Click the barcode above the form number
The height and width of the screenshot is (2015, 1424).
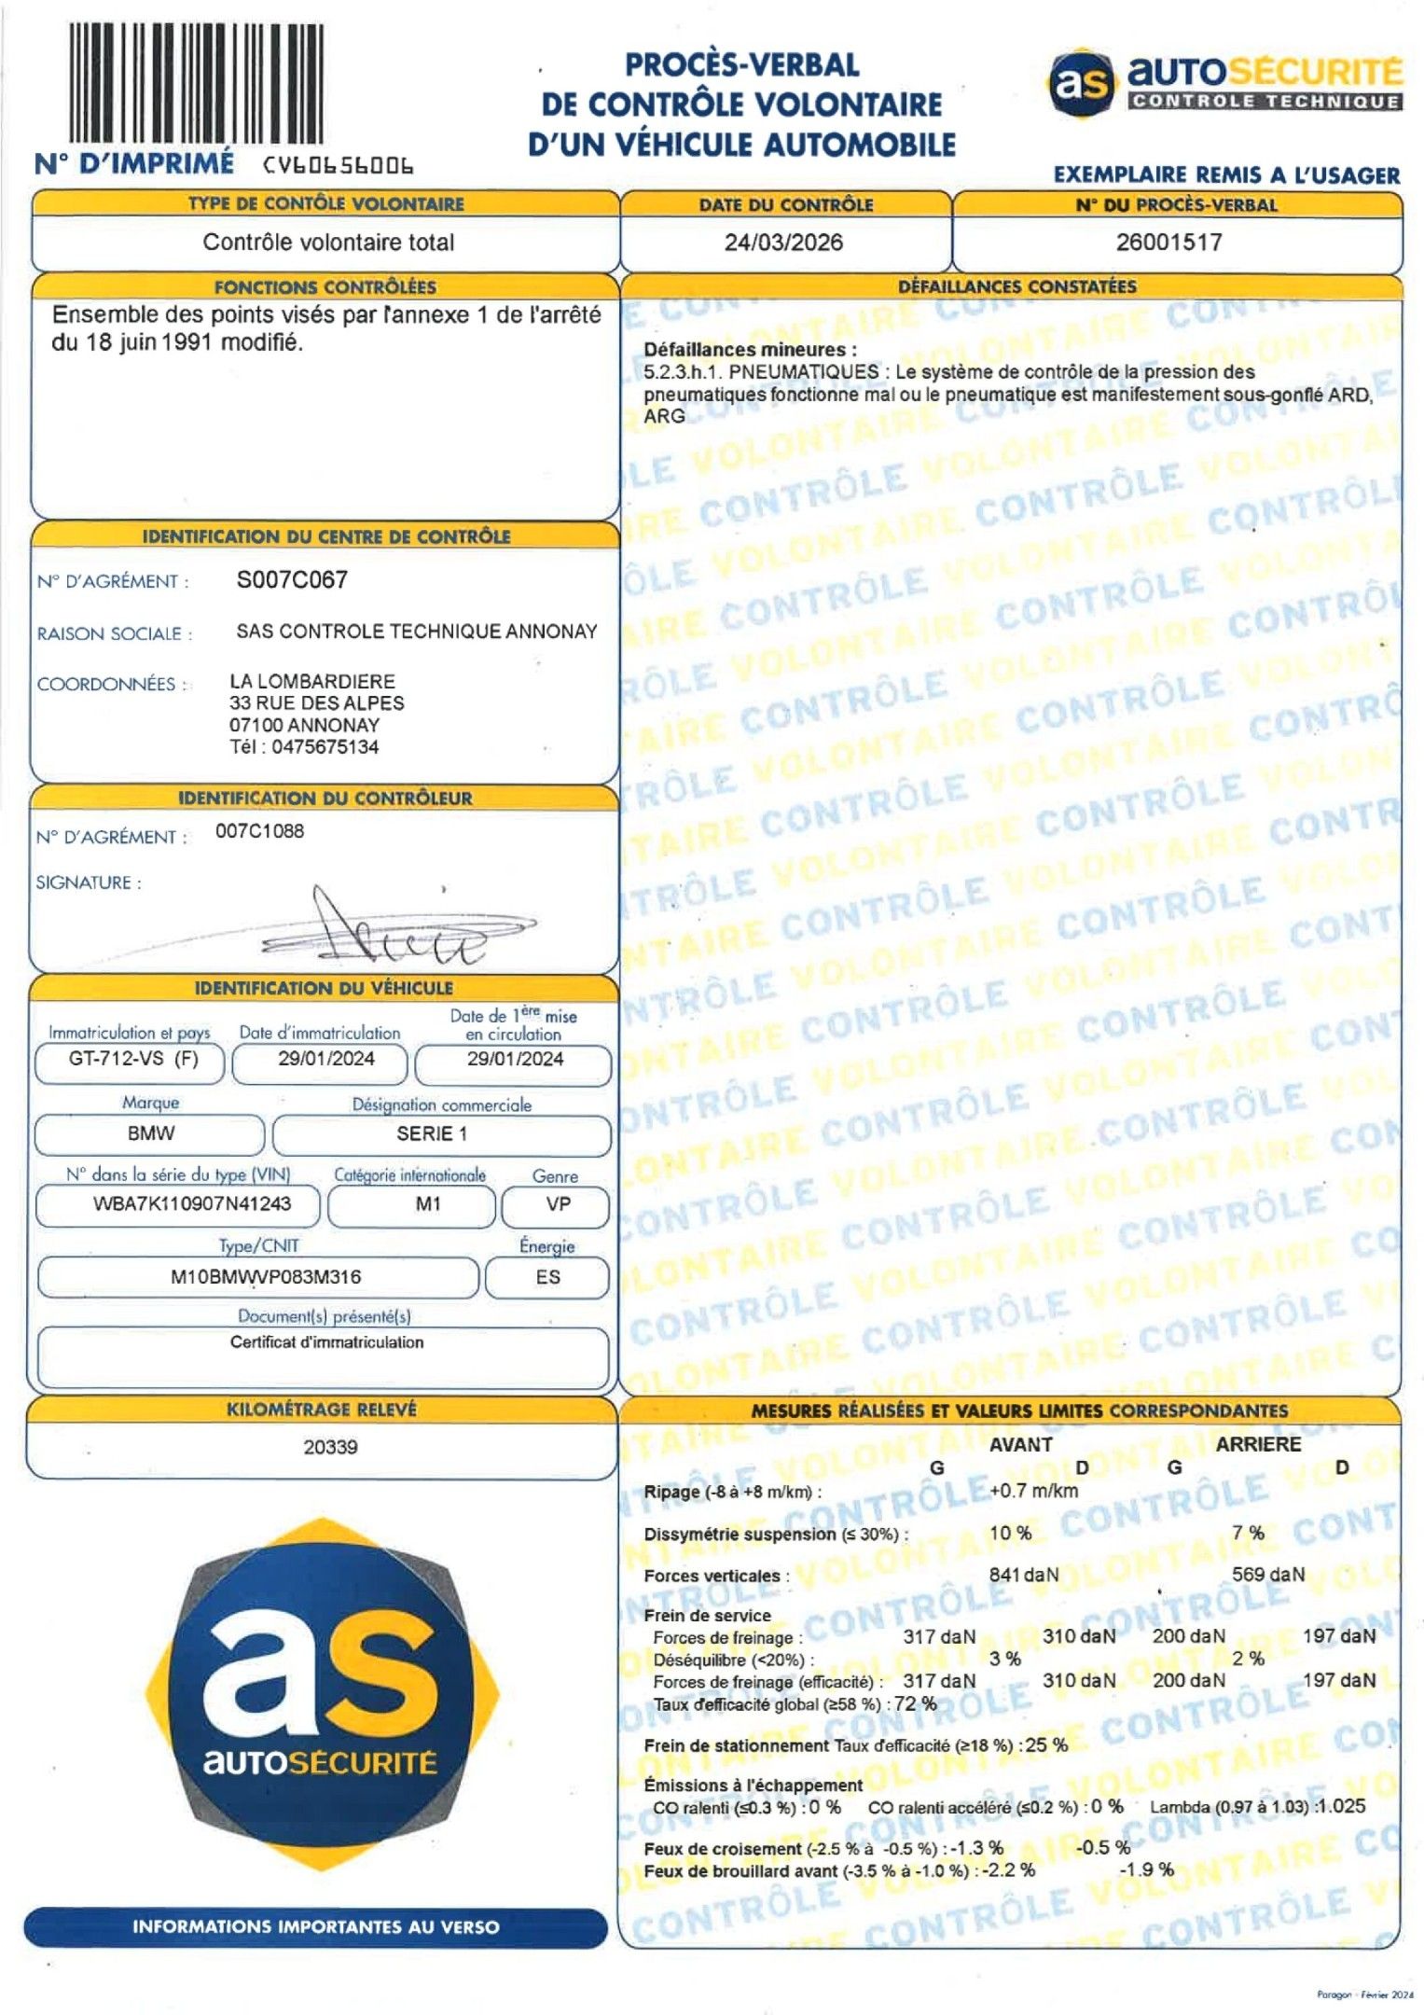[x=197, y=83]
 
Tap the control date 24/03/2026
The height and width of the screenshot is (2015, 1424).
[x=783, y=243]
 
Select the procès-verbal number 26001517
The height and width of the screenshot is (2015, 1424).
[x=1168, y=243]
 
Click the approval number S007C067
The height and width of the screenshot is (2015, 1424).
[x=292, y=580]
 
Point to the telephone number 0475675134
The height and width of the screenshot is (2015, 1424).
[x=325, y=747]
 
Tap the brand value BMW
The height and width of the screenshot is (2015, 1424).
[x=150, y=1133]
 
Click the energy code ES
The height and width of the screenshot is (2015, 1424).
[x=548, y=1277]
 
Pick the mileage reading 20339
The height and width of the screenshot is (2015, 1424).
[x=330, y=1447]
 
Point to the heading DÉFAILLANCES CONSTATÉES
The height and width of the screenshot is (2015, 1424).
[x=1016, y=286]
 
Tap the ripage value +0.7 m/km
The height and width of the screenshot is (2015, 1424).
[x=1033, y=1491]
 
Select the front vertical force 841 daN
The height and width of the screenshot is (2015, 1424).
[x=1024, y=1575]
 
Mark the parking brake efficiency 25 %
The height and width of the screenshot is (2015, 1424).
[x=1046, y=1744]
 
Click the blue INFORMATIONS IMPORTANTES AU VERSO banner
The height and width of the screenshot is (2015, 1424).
[x=315, y=1927]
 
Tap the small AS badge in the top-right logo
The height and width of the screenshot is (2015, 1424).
[x=1082, y=83]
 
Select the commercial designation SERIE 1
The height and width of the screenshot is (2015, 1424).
[x=432, y=1133]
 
